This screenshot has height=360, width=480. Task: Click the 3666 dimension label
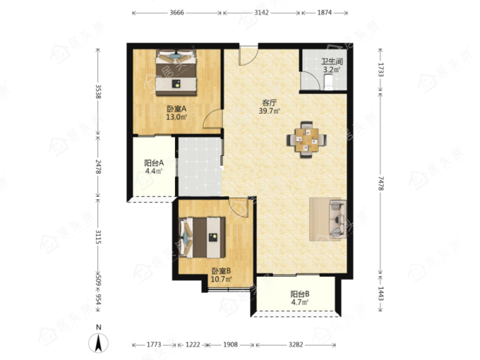point(177,13)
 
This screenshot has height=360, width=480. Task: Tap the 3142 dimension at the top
point(261,13)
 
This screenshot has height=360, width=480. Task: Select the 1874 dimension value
point(325,13)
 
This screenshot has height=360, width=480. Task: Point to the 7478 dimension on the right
point(380,183)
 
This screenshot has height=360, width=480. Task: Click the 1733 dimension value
point(380,69)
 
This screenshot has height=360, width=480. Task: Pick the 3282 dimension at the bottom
point(296,344)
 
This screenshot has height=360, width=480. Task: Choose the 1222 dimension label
point(193,344)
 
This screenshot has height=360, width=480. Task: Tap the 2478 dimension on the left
point(98,167)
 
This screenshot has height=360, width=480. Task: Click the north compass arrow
point(98,343)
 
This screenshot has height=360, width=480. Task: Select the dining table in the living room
point(306,140)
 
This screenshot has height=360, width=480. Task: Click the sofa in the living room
point(337,219)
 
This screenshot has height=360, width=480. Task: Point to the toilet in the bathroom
point(328,83)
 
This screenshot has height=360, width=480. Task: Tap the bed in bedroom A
point(176,73)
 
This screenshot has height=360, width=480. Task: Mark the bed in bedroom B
point(203,238)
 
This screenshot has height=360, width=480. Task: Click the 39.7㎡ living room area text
point(270,111)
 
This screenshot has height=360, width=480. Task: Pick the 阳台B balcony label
point(300,294)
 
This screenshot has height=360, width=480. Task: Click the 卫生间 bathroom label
point(332,61)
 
